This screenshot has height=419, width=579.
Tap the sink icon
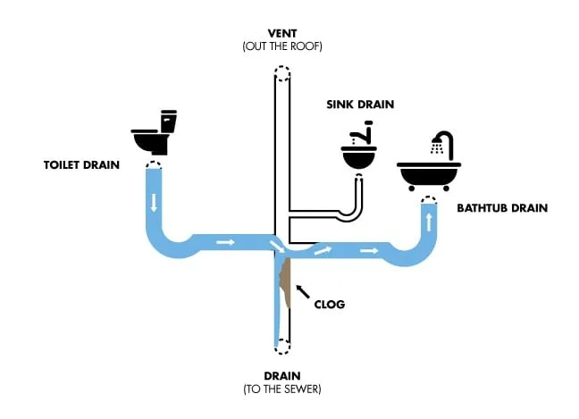361,152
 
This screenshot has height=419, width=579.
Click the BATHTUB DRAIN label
502,208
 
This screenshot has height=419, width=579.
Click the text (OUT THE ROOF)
281,46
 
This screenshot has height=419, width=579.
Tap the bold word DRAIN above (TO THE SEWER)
281,375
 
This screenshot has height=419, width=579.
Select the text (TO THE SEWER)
281,390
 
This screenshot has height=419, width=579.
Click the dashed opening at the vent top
281,74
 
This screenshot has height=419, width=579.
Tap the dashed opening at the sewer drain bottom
281,346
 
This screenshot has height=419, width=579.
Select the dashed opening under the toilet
154,165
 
